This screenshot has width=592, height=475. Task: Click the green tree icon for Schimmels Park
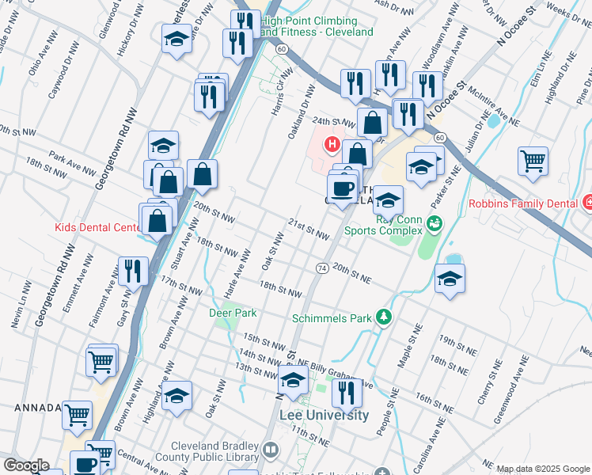pos(384,317)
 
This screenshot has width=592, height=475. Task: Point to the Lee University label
pos(324,415)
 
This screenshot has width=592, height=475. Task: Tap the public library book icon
pos(271,450)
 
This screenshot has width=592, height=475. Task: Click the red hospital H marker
pos(332,145)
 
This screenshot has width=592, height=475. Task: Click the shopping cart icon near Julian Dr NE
pos(533,161)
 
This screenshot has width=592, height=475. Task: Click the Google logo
pos(26,465)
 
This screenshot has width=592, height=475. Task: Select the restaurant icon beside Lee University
pos(346,391)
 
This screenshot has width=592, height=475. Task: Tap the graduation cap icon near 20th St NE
pos(450,279)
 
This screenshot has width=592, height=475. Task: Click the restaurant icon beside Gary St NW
pos(133,271)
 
